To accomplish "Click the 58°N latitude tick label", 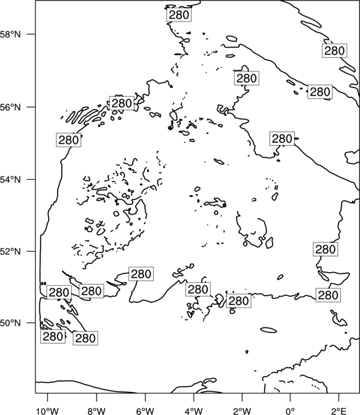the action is (x=11, y=34).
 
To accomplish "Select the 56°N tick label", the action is (x=11, y=107).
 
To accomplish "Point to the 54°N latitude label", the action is (x=11, y=179).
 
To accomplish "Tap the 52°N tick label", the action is (x=11, y=251).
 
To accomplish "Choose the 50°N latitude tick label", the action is (x=11, y=323).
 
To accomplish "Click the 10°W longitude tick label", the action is (x=48, y=411).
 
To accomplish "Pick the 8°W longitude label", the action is (x=96, y=411).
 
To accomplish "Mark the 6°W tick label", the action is (x=145, y=411).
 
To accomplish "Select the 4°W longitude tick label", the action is (x=193, y=411).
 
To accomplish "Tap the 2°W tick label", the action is (x=242, y=411).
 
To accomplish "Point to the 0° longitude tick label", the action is (x=290, y=411).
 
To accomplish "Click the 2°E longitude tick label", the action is (x=339, y=411).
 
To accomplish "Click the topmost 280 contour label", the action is (x=179, y=15).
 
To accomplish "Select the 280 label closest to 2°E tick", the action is (x=328, y=295).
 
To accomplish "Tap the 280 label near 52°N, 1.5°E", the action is (x=326, y=250).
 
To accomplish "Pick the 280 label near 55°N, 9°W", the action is (x=69, y=140).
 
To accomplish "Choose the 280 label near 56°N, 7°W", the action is (x=122, y=103).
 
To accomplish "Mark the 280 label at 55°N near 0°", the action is (x=282, y=138).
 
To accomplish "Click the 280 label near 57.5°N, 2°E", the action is (x=335, y=50).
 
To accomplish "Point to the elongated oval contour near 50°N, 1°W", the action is (x=269, y=330).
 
